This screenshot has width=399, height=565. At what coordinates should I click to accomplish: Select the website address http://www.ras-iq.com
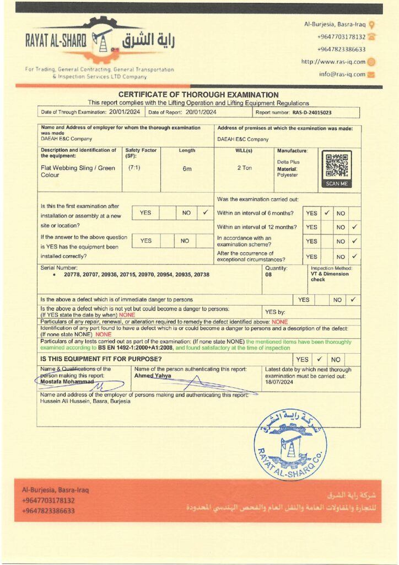(333, 62)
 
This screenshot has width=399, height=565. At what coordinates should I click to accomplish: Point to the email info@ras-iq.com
(342, 74)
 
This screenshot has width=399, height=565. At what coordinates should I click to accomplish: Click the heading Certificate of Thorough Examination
(198, 95)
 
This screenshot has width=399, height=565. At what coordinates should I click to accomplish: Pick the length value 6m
(187, 169)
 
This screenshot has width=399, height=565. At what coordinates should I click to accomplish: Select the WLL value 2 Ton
(244, 168)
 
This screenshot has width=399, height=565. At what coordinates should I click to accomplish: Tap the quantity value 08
(269, 274)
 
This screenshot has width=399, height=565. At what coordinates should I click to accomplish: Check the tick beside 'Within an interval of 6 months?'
(326, 212)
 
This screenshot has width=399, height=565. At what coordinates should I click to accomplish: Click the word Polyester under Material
(287, 175)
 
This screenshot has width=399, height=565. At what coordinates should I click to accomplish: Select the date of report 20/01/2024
(201, 112)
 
